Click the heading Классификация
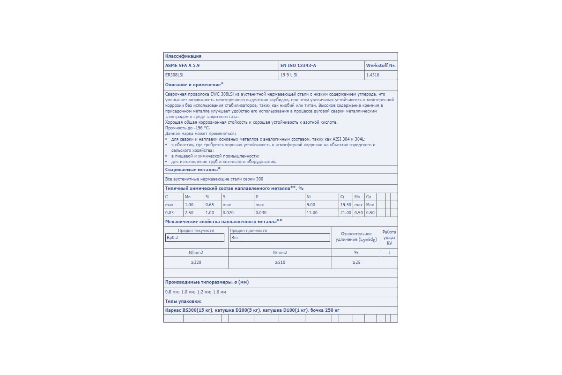click(x=183, y=56)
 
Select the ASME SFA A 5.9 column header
click(x=185, y=66)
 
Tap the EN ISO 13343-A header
click(x=298, y=66)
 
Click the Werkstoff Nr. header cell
click(x=381, y=66)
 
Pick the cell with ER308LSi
click(x=174, y=75)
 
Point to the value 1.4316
click(x=373, y=75)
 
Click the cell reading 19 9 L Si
click(x=289, y=75)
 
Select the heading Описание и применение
click(x=193, y=84)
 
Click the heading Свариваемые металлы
click(x=192, y=169)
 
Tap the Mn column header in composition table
click(x=188, y=197)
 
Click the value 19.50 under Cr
click(x=346, y=205)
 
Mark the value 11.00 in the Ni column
click(x=311, y=213)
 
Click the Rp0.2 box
click(x=195, y=238)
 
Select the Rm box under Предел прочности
click(x=280, y=238)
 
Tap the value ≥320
click(x=196, y=262)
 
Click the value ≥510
click(x=280, y=262)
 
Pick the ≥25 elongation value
click(x=356, y=262)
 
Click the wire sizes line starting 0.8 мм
click(x=196, y=292)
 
